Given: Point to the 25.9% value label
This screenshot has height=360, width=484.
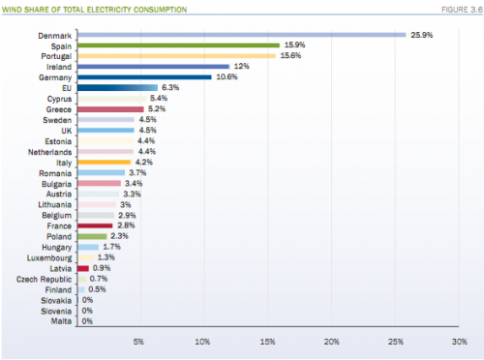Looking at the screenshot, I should pos(422,35).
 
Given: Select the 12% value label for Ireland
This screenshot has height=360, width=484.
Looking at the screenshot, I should pos(242,67).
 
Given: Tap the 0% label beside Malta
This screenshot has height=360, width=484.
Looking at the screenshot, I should pos(87,320).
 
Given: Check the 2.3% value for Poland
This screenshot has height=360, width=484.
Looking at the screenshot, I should pos(121,235).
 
